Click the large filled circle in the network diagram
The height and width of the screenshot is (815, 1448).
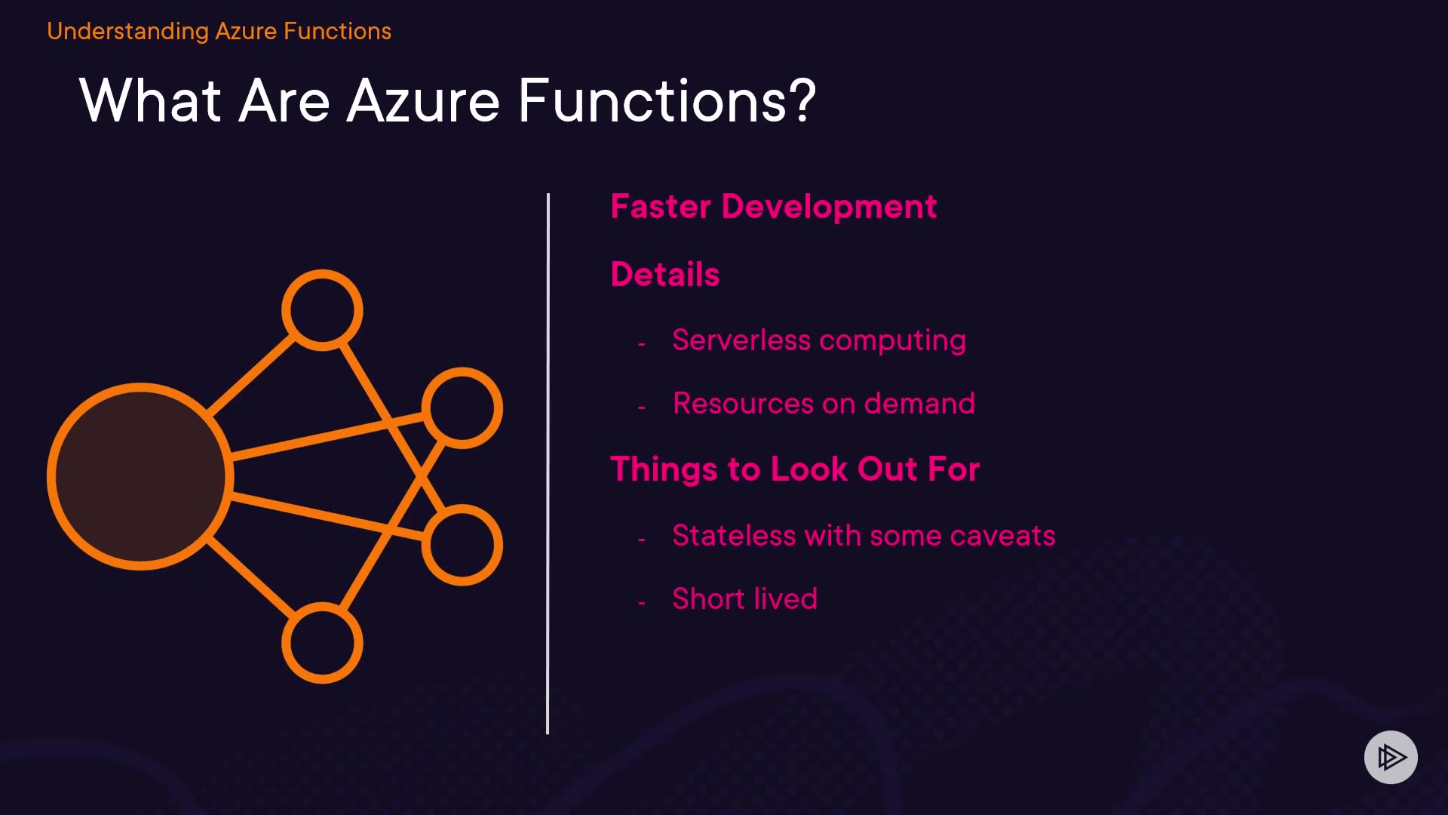point(140,476)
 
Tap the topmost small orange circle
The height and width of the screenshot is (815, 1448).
point(322,310)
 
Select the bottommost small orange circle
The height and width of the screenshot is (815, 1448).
point(322,643)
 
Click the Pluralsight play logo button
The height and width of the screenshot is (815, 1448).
point(1391,757)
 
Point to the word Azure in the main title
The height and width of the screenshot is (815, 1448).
point(423,101)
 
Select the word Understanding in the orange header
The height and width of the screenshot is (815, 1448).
point(127,31)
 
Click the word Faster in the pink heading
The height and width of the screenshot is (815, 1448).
point(661,207)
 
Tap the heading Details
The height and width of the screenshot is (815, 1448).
point(665,274)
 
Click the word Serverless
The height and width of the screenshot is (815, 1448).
point(741,340)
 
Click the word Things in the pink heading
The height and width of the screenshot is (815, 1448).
point(663,469)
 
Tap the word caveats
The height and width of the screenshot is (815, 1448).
point(1002,536)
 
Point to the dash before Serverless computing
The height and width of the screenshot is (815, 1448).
point(641,344)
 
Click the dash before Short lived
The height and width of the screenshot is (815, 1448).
point(641,603)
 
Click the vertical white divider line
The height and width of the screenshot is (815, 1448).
point(548,463)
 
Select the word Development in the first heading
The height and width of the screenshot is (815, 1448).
point(829,207)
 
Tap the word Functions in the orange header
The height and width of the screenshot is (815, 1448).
point(337,31)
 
